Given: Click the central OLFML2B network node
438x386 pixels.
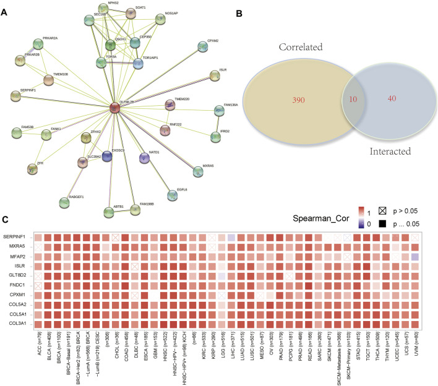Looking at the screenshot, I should (x=115, y=109).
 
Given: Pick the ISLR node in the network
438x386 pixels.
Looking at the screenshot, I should (x=214, y=75).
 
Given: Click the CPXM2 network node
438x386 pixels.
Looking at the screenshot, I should (x=202, y=47).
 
